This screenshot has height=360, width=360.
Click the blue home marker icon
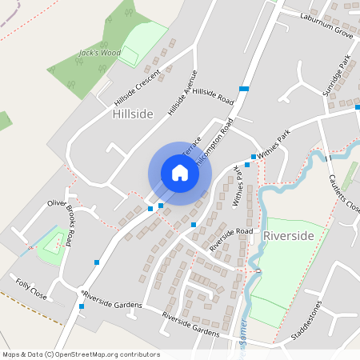coord(179,173)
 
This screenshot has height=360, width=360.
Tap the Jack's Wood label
coord(99,54)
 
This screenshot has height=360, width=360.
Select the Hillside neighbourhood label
coord(133,114)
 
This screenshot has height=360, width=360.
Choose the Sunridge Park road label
coord(336,76)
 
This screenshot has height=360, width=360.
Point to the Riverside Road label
coord(231,238)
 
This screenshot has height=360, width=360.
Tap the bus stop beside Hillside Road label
coord(243,88)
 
